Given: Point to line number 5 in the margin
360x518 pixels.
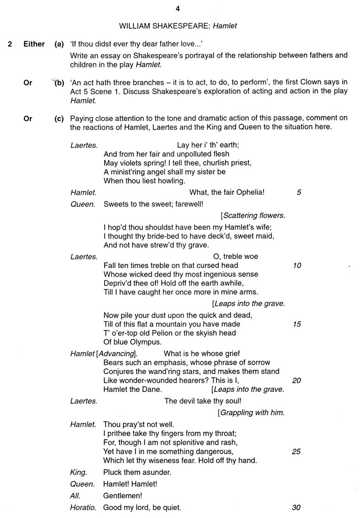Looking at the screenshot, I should pyautogui.click(x=299, y=192).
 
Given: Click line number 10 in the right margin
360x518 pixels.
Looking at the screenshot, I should pyautogui.click(x=297, y=265).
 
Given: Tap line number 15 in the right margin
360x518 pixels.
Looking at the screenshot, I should pyautogui.click(x=297, y=324).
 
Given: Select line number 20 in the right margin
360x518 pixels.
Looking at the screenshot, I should pyautogui.click(x=297, y=380).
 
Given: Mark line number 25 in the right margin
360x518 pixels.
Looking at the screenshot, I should pyautogui.click(x=297, y=451).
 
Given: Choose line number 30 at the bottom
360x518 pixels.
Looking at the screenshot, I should pyautogui.click(x=297, y=507).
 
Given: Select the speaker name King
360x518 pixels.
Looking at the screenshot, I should pyautogui.click(x=78, y=472).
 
